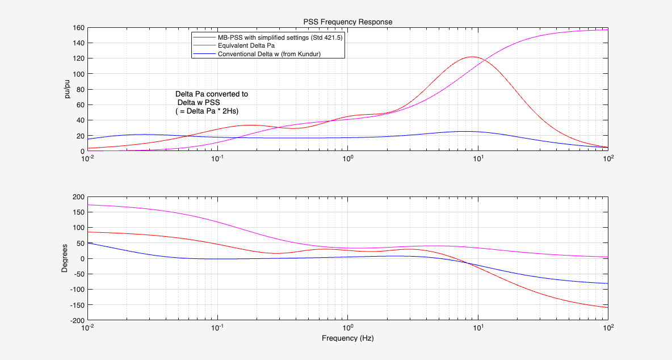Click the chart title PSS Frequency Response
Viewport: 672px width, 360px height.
[347, 22]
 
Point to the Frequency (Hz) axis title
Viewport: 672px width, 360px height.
[347, 338]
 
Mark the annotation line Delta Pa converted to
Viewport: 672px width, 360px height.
[211, 94]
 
